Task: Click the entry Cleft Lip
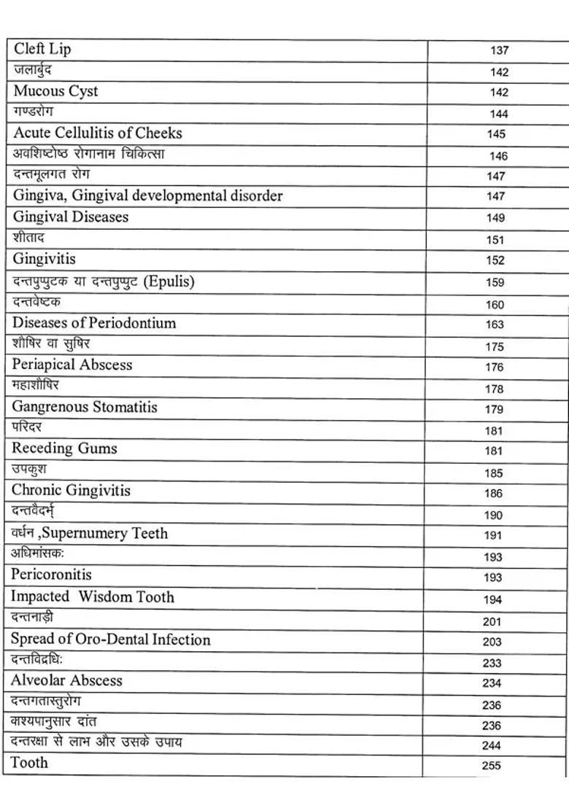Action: pos(42,50)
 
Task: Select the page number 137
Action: pos(499,51)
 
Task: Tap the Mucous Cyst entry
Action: pos(55,91)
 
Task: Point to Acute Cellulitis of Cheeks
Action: pos(98,133)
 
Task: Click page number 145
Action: pos(496,134)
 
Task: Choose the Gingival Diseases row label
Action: pos(70,217)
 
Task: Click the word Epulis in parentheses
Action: pos(169,281)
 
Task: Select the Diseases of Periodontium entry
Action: pos(94,323)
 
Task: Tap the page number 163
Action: pos(495,325)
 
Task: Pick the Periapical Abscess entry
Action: pos(71,365)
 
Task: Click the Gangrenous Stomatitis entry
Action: pos(84,407)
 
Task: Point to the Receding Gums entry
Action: pos(64,448)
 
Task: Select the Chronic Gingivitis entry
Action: pos(71,490)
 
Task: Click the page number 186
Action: pos(493,494)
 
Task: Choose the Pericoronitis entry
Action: pos(51,575)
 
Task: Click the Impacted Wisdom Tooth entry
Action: pos(92,597)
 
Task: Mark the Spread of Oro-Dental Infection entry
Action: pos(110,640)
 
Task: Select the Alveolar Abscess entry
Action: pos(66,680)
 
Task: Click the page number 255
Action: pos(491,766)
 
